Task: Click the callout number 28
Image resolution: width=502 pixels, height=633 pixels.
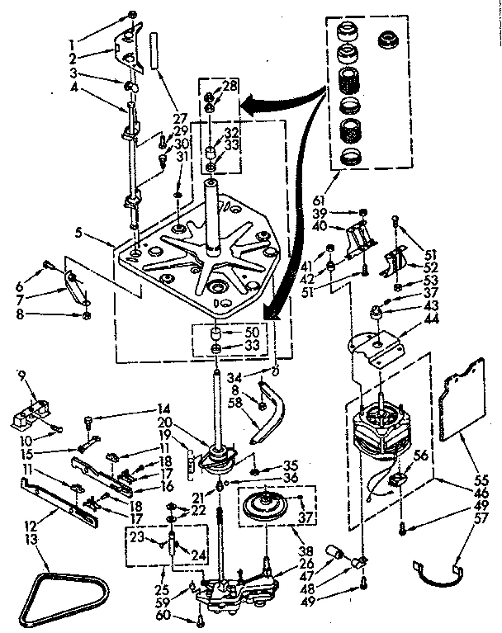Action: pyautogui.click(x=229, y=85)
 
